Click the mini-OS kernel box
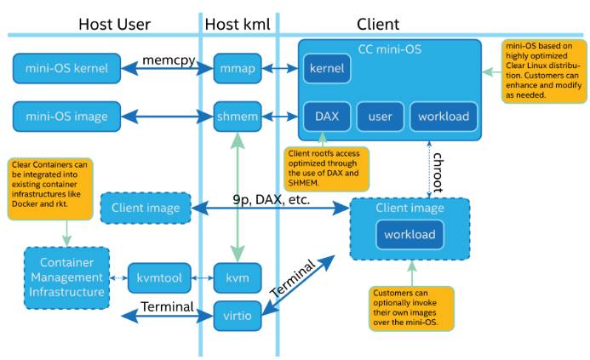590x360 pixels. (x=67, y=68)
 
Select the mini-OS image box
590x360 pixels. (x=67, y=117)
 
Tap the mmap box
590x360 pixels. (x=238, y=68)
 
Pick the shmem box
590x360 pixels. (x=238, y=117)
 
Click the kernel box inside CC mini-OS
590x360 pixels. (x=327, y=68)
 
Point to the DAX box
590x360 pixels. (x=327, y=117)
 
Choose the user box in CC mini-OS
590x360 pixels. (x=380, y=117)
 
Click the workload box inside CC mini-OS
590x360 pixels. (x=444, y=117)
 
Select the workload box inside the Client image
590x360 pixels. (x=410, y=235)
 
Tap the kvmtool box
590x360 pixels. (x=159, y=278)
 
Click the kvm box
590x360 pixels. (x=238, y=278)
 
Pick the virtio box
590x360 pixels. (x=238, y=316)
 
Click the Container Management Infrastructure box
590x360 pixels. (x=67, y=278)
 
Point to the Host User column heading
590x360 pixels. (x=114, y=25)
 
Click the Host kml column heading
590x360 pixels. (x=238, y=25)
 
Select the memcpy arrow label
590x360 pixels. (x=169, y=60)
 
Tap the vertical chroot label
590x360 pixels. (x=438, y=172)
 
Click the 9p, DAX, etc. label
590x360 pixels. (x=272, y=199)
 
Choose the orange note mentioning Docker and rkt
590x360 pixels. (x=50, y=189)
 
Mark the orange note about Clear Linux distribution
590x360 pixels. (x=544, y=71)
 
